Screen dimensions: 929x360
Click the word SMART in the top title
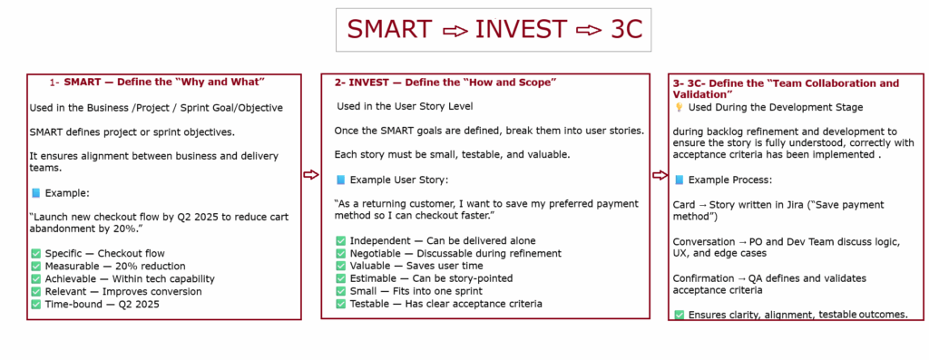(x=389, y=30)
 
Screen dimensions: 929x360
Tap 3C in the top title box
(x=626, y=30)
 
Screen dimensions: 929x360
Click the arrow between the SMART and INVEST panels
(x=311, y=174)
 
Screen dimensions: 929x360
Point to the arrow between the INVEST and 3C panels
(x=660, y=175)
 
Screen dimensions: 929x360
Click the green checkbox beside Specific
(x=35, y=253)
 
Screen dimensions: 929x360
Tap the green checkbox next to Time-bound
(x=35, y=305)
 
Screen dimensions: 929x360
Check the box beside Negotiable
(x=340, y=253)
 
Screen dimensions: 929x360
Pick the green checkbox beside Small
(x=340, y=291)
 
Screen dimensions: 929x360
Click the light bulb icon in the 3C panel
(x=679, y=107)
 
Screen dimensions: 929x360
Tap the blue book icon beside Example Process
(x=679, y=180)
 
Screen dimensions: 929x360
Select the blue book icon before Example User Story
(x=340, y=180)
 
